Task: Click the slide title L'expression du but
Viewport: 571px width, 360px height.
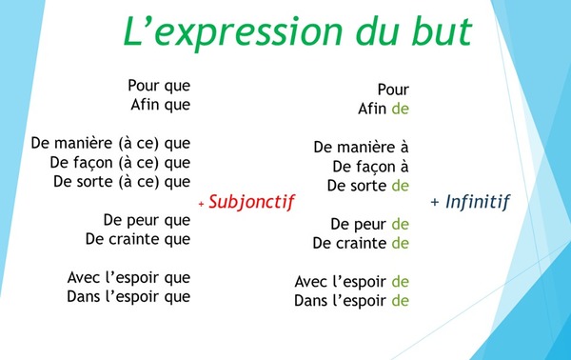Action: [296, 31]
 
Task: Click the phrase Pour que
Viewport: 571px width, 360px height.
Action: [159, 85]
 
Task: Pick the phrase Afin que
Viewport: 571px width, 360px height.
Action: [160, 104]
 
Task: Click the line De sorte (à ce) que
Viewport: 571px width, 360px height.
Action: [122, 181]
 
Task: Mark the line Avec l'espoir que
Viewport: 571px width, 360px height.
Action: [129, 277]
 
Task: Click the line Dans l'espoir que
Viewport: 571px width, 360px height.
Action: [129, 296]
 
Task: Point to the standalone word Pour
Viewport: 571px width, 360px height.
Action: [393, 90]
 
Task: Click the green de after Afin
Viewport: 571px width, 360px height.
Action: [400, 109]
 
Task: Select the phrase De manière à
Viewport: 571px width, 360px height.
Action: [361, 148]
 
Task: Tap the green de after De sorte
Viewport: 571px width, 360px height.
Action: [400, 186]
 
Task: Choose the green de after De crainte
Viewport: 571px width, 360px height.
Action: [400, 243]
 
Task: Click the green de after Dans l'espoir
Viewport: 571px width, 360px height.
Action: [400, 301]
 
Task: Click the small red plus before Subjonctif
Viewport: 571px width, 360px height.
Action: [202, 204]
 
